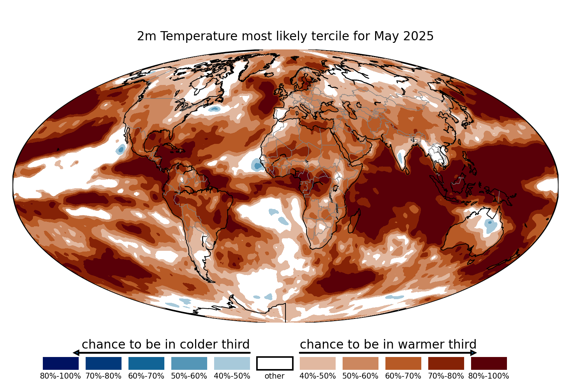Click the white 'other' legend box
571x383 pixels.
point(275,363)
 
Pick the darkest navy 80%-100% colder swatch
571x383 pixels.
point(61,363)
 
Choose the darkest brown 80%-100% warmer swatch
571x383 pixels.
point(489,363)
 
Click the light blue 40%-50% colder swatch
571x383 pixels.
point(232,363)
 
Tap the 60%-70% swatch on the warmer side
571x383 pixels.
point(403,363)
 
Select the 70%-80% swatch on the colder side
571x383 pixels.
point(104,363)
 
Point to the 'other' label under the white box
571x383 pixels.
point(275,376)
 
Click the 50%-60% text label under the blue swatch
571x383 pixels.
point(189,376)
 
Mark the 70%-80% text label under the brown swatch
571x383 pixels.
point(446,376)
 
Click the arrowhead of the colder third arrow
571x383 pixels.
point(76,353)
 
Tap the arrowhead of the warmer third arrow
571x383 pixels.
point(474,353)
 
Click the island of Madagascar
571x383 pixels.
point(354,221)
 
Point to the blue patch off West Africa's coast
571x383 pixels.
point(257,165)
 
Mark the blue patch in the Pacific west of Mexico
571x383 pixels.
point(120,149)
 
